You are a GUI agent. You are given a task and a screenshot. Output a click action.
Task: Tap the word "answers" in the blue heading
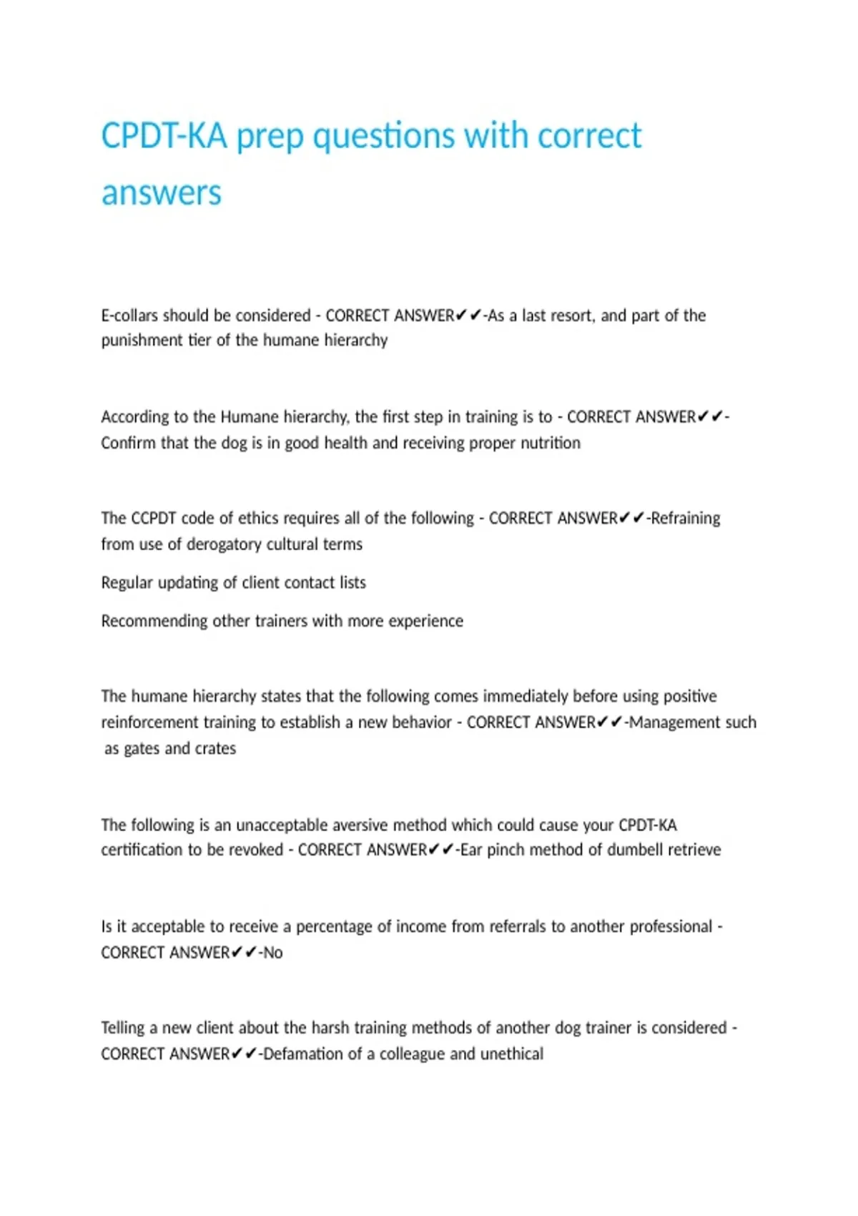[162, 193]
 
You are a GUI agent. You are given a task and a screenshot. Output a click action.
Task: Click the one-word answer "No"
[273, 953]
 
